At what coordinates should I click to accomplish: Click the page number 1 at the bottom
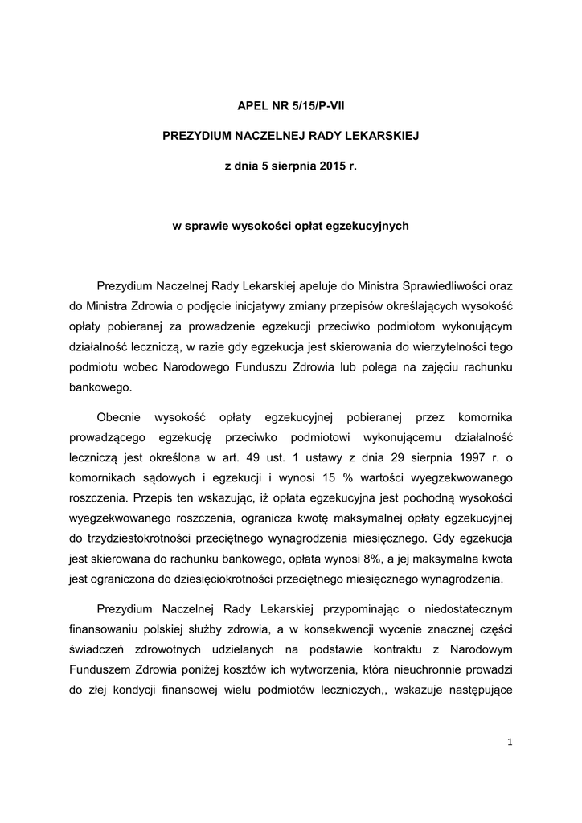point(510,742)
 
